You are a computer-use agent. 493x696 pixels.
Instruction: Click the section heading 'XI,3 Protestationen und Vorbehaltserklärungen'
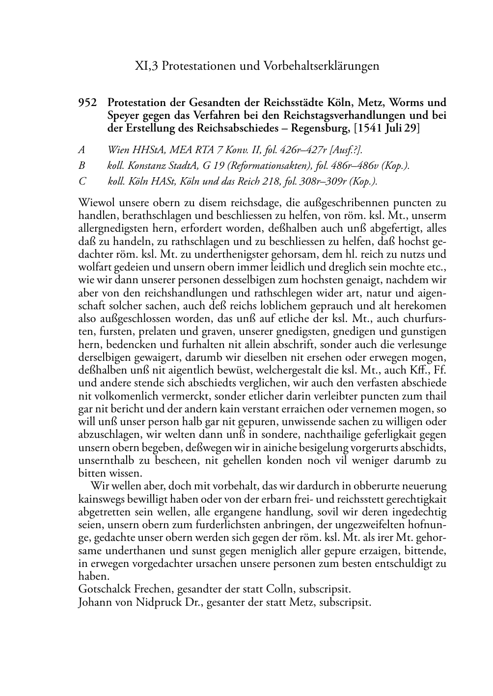(257, 66)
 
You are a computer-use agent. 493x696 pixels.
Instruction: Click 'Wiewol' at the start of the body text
(95, 202)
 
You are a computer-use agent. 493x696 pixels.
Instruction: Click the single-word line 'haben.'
(94, 576)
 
